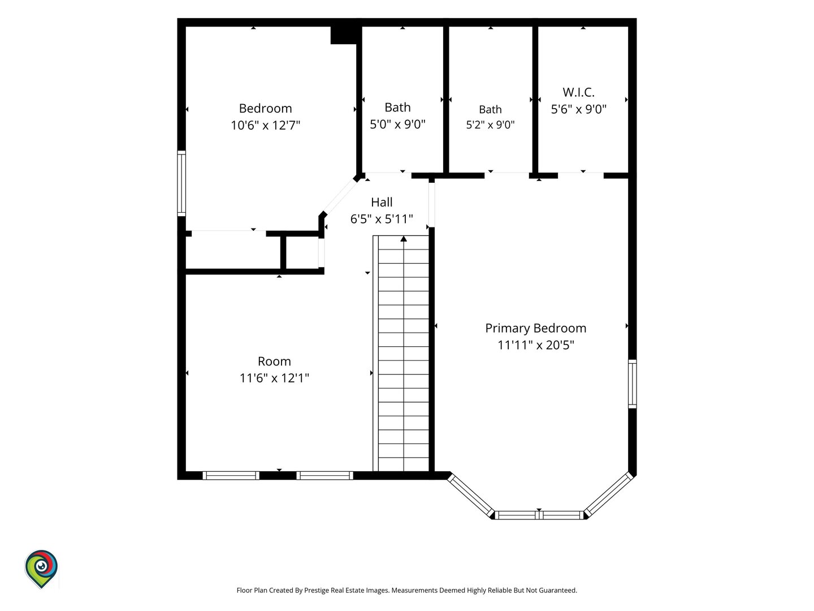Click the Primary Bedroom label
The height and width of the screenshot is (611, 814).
click(535, 328)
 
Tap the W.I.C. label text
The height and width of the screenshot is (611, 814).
click(578, 92)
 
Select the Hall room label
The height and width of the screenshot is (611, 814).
click(382, 202)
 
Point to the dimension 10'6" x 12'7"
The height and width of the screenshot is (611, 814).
click(265, 125)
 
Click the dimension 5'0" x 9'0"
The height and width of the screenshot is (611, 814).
click(397, 124)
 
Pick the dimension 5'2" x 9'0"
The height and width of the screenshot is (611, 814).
click(490, 124)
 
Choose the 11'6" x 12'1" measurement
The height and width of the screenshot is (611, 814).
click(274, 378)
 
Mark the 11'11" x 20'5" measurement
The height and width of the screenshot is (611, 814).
click(535, 345)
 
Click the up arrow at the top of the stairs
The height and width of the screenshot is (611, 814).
click(404, 239)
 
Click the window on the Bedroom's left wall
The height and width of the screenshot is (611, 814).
click(181, 183)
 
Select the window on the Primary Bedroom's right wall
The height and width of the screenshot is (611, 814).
click(633, 384)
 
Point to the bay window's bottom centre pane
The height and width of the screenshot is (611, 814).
click(539, 515)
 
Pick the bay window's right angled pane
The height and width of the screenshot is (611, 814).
click(608, 495)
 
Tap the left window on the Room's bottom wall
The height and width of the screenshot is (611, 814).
click(231, 475)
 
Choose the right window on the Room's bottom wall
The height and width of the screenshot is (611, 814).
click(324, 475)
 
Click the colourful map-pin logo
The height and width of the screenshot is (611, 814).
click(41, 569)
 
